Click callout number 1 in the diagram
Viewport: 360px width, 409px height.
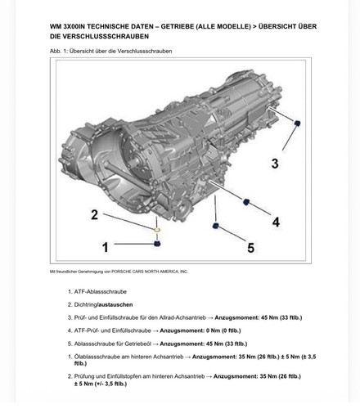(x=106, y=247)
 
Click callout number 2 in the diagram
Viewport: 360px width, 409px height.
(x=94, y=214)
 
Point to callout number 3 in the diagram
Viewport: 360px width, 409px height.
(x=275, y=164)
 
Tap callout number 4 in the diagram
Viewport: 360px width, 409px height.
(x=276, y=222)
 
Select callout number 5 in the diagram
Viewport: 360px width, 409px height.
(x=251, y=248)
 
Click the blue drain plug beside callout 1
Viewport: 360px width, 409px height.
(x=157, y=244)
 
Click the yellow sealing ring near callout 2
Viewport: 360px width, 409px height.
(x=157, y=231)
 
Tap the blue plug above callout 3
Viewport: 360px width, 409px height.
(x=298, y=123)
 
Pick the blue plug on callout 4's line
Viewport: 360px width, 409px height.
(x=246, y=202)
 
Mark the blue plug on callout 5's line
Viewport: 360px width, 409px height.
(x=215, y=226)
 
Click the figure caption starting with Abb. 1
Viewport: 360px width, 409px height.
(x=111, y=51)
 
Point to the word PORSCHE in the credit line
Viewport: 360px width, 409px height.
(x=121, y=272)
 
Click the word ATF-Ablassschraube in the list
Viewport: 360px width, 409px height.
(x=101, y=292)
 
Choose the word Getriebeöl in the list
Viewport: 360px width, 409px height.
(x=137, y=344)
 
